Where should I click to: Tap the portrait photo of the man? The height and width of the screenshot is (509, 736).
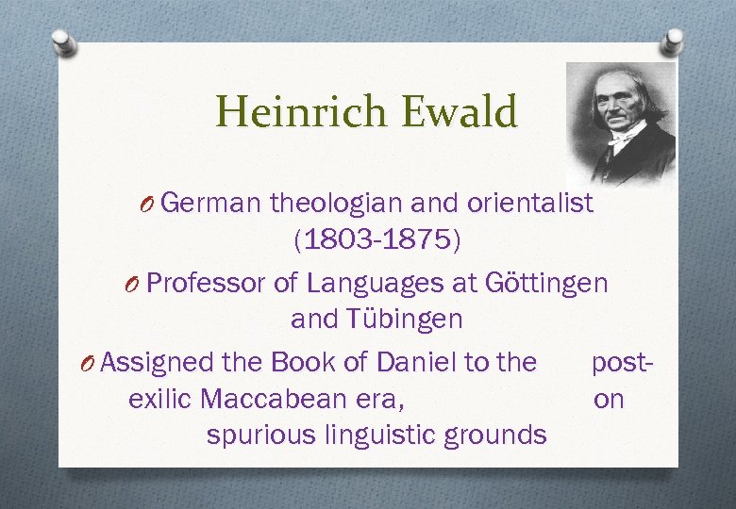620,122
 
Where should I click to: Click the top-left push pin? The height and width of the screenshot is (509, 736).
63,41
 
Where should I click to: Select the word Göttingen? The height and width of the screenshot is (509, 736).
546,282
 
